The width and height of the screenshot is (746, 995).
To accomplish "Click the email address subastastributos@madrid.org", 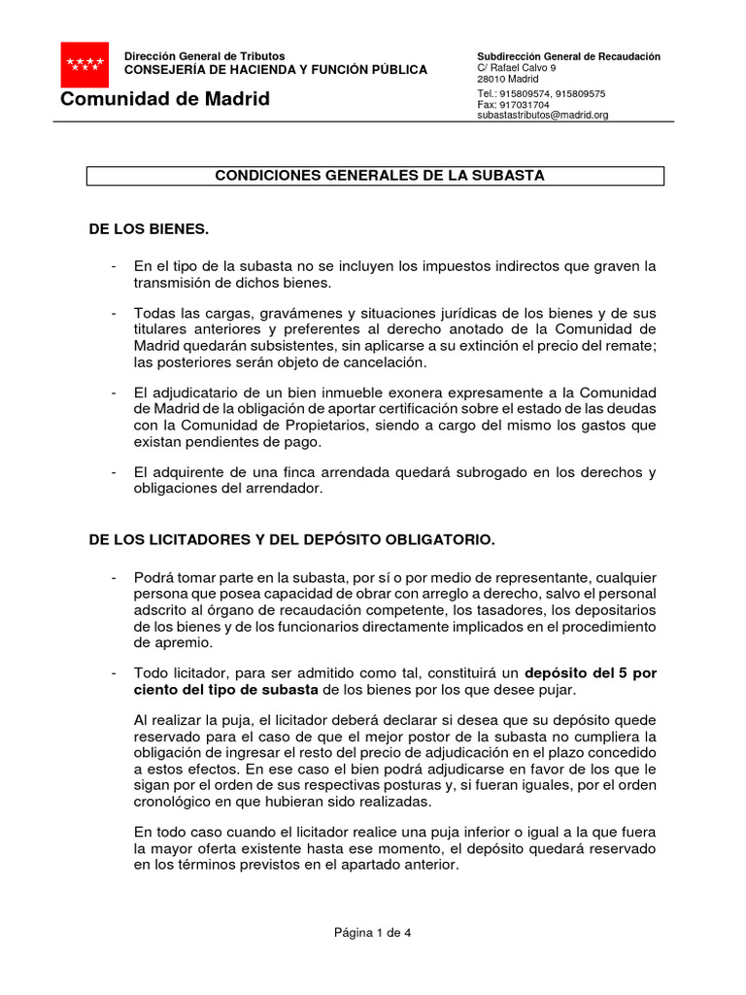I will [x=542, y=115].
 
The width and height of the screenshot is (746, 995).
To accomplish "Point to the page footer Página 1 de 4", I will [x=373, y=933].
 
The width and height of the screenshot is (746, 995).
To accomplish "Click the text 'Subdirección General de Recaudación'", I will [x=568, y=56].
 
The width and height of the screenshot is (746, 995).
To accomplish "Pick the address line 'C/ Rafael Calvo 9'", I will [x=516, y=68].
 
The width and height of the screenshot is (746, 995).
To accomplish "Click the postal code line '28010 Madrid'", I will [x=508, y=80].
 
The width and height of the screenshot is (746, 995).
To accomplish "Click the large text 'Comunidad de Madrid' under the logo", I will [x=165, y=100].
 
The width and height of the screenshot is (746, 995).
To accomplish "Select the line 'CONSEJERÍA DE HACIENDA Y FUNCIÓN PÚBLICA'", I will [x=275, y=70].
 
